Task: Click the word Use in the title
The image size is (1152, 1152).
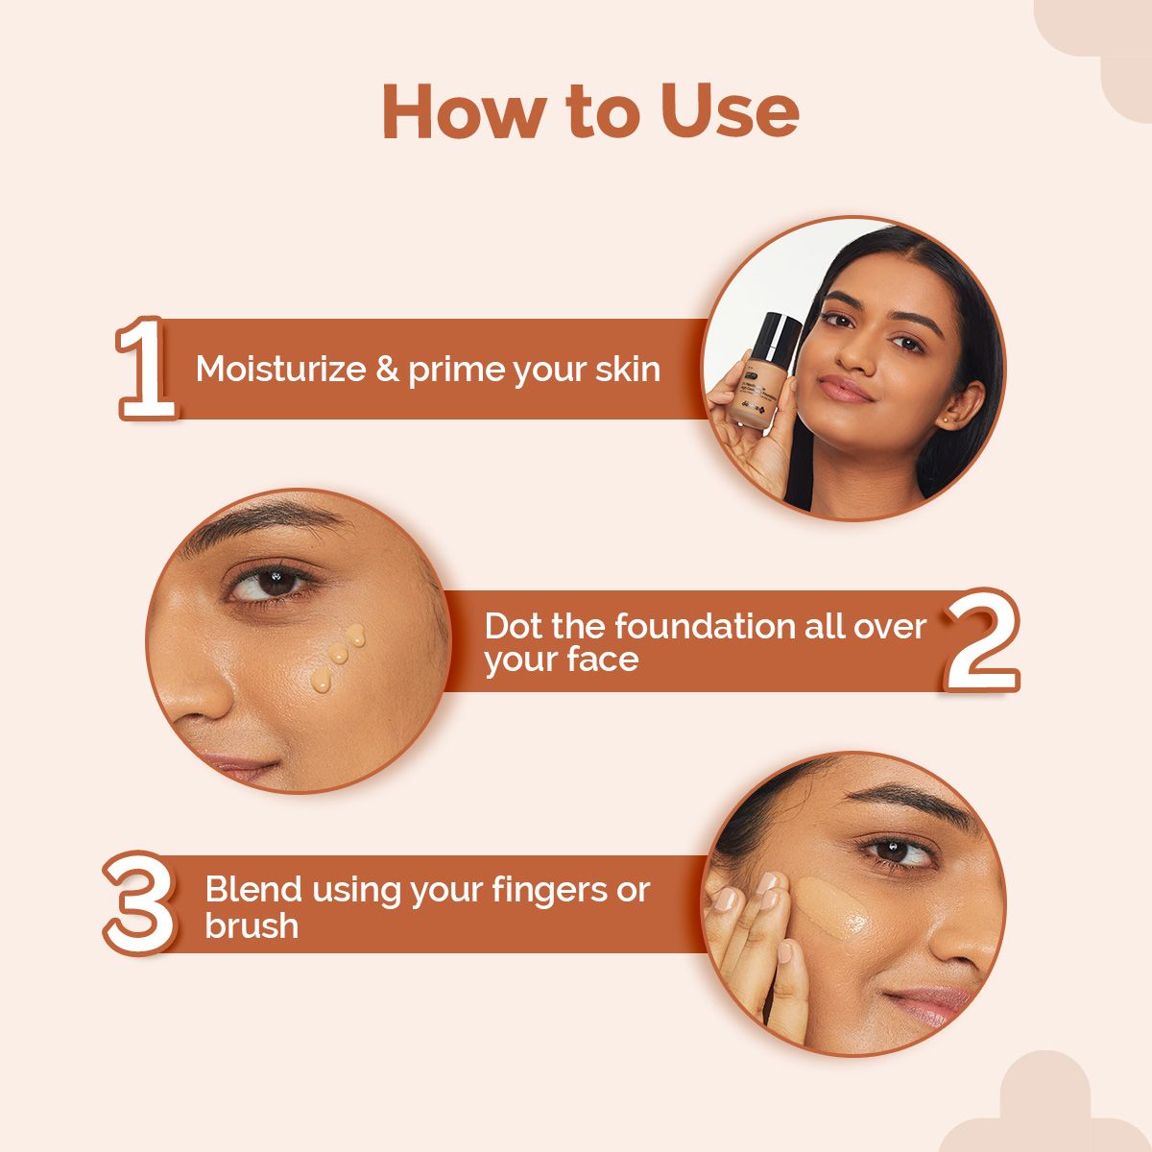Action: tap(730, 111)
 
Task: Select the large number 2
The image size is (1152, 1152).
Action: tap(981, 640)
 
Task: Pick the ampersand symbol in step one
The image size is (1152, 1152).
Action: tap(388, 369)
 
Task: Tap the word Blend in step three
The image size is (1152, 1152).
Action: tap(253, 889)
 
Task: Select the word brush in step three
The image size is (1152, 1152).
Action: tap(251, 925)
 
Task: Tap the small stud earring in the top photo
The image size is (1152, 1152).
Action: tap(948, 419)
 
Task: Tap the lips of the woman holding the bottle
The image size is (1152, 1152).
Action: tap(845, 389)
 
